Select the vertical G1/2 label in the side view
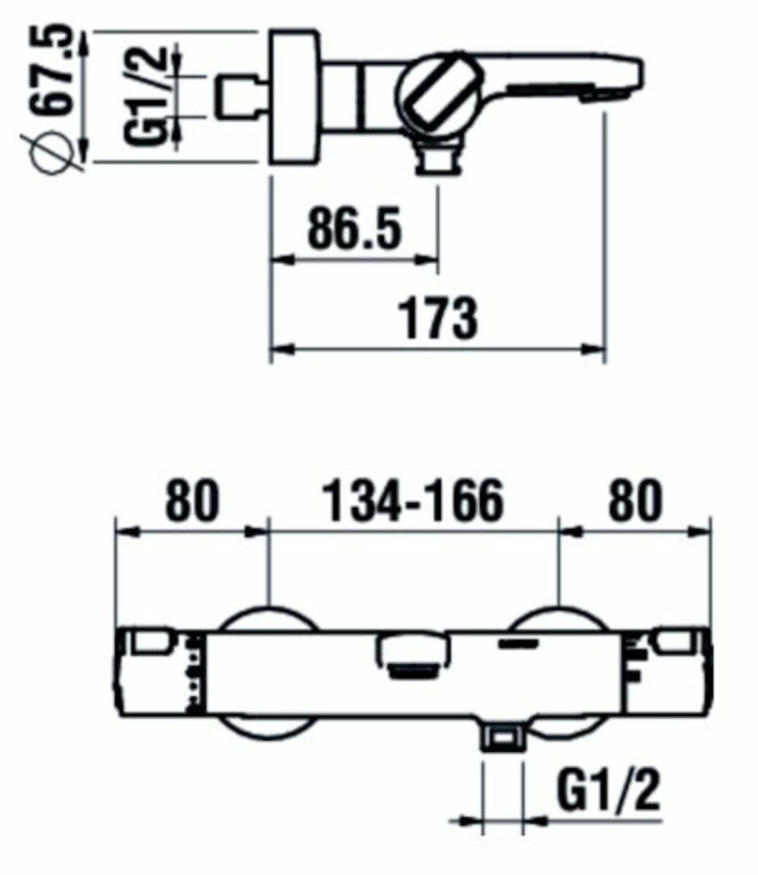tap(144, 96)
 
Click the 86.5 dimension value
tap(355, 227)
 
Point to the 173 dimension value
tap(439, 319)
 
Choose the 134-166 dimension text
tap(413, 501)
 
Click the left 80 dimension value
tap(192, 501)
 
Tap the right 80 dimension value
tap(635, 501)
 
